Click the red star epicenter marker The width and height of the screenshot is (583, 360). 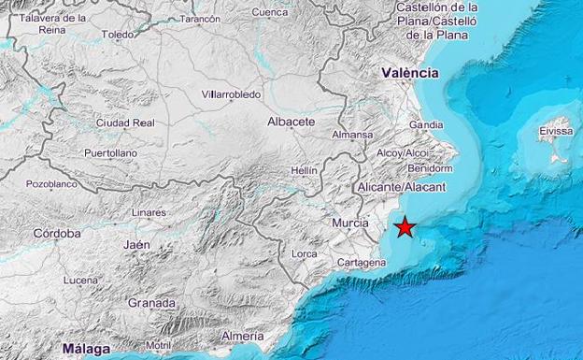pos(405,227)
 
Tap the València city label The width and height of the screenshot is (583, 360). pos(409,72)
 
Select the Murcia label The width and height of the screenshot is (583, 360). pos(350,223)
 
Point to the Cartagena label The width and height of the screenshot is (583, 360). pos(363,263)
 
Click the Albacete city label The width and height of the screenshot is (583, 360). pos(291,122)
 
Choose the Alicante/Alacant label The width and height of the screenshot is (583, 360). pos(402,187)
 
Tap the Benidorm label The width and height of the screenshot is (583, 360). pos(430,168)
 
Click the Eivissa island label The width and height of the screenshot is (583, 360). pos(555,133)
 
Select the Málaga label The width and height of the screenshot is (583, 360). pos(86,349)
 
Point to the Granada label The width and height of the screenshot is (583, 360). pos(151,303)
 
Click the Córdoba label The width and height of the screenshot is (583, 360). pos(57,233)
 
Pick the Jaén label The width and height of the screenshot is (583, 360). pos(136,245)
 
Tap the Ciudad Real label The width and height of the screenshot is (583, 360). pos(124,122)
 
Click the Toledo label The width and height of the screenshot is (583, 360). pos(118,35)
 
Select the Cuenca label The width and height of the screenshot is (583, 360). pos(270,12)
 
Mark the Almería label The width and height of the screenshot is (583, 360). pos(243,336)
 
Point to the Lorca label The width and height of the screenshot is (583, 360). pos(304,253)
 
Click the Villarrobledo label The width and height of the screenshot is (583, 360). pos(231,94)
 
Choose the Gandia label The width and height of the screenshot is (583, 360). pos(426,124)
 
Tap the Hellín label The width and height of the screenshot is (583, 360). pos(305,171)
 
